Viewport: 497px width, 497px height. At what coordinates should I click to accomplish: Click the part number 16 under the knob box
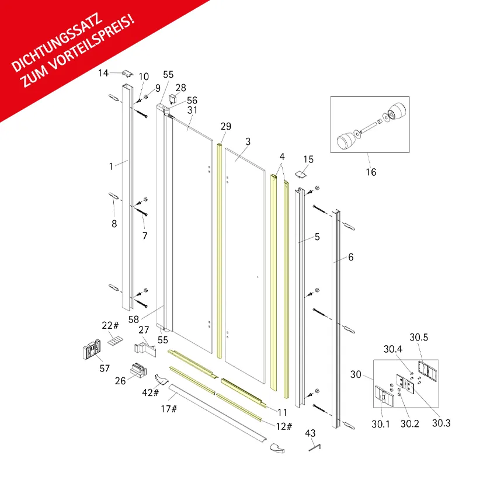tap(371, 172)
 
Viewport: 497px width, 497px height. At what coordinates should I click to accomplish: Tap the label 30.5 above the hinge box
tap(419, 337)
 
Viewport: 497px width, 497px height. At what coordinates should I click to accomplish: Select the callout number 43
tap(310, 433)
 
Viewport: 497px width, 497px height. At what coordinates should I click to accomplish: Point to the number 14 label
tap(103, 73)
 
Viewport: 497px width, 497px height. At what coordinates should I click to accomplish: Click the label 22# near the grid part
tap(110, 325)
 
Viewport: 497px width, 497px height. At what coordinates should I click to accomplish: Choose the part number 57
tap(105, 369)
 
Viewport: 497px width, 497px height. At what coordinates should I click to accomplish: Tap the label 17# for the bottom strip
tap(169, 409)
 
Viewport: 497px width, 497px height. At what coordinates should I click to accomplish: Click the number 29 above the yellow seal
tap(225, 127)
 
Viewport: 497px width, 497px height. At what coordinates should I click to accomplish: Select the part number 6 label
tap(350, 257)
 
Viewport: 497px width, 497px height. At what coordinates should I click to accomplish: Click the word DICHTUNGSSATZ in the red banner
tap(57, 43)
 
